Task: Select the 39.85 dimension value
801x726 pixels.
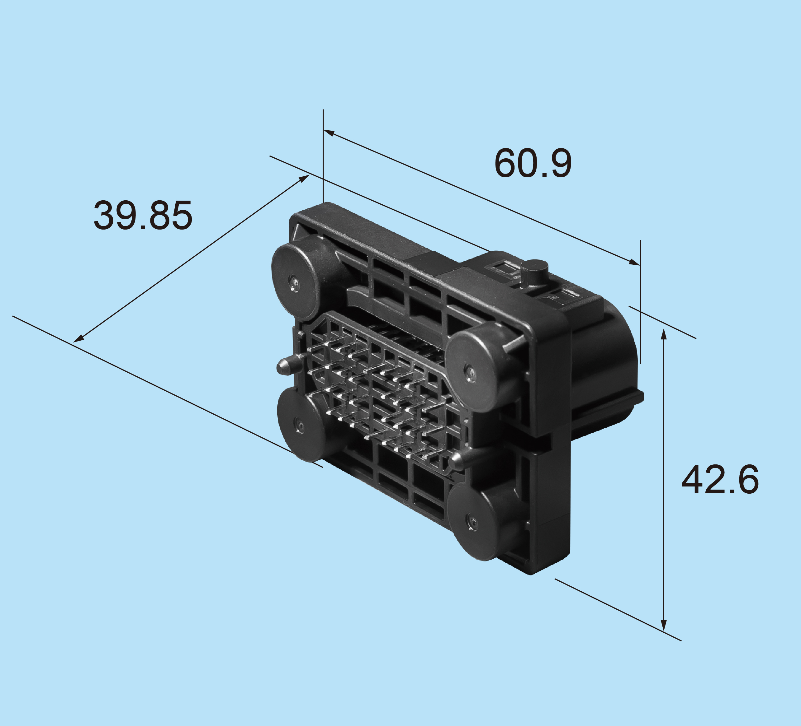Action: tap(143, 215)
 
